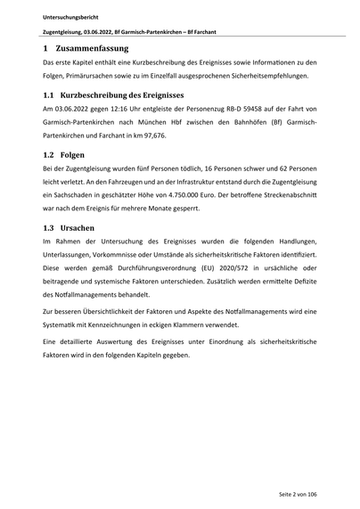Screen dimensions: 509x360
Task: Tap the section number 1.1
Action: tap(49, 94)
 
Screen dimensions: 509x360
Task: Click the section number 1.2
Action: tap(49, 154)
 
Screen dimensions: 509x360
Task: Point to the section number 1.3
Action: tap(49, 227)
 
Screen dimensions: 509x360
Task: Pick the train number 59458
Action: tap(250, 109)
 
